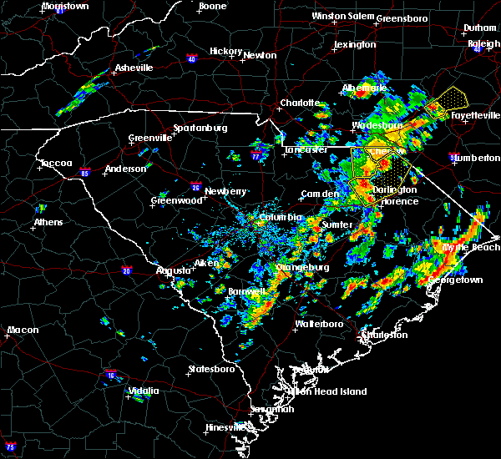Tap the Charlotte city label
click(x=300, y=103)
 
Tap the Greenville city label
click(x=150, y=138)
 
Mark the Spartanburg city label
click(x=200, y=128)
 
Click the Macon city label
click(x=23, y=330)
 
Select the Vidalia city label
click(x=143, y=391)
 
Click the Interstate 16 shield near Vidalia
click(x=111, y=376)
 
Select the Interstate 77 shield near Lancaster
click(x=256, y=155)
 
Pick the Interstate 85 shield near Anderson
click(x=85, y=174)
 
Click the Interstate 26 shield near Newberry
click(x=195, y=188)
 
